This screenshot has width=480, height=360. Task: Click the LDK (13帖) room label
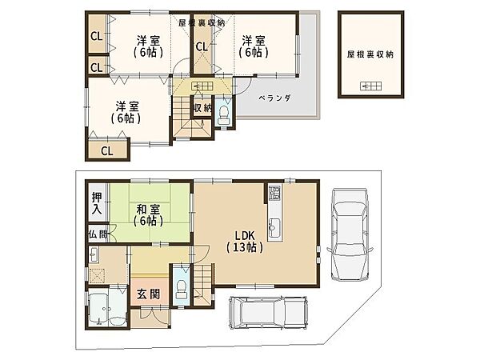pos(245,242)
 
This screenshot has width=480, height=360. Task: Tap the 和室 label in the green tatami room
pos(148,210)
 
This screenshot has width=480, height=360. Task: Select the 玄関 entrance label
pos(148,294)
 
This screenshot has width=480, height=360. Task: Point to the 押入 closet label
pos(97,203)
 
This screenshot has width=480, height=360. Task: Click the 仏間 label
pos(98,234)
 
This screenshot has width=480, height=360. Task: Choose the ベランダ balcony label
pos(274,98)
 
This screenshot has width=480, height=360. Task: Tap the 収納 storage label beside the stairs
pos(202,108)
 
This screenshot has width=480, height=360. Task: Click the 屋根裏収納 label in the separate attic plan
pos(370,54)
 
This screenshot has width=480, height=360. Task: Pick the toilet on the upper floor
pos(224,114)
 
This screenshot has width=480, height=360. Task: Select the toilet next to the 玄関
pos(182,290)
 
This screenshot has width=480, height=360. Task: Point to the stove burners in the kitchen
pos(274,193)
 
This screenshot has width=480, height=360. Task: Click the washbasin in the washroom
pos(94,255)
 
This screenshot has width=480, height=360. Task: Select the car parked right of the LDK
pos(350,234)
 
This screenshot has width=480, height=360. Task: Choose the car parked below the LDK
pos(268,312)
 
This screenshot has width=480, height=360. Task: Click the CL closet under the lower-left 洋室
pos(107,150)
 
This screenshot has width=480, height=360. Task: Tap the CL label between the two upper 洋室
pos(202,47)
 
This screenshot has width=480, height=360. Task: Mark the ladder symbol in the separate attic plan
pos(370,86)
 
